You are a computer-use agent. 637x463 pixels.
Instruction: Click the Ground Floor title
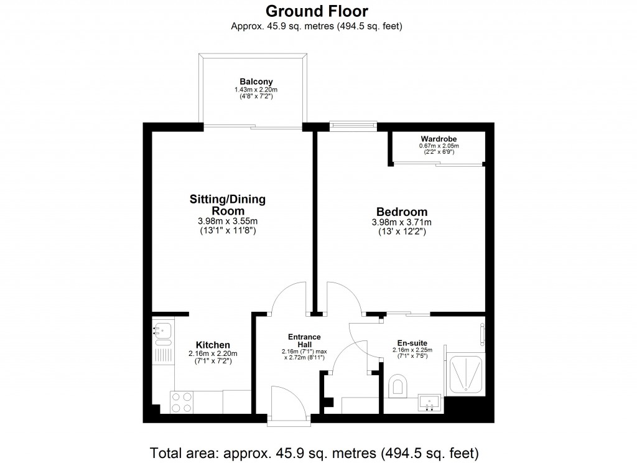tap(317, 11)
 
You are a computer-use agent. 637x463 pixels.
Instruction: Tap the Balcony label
tap(256, 82)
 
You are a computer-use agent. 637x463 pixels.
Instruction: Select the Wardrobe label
tap(435, 139)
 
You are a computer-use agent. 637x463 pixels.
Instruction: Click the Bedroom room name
tap(401, 212)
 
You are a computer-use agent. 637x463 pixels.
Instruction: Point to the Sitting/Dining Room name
tap(227, 205)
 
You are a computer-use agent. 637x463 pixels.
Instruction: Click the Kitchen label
tap(213, 345)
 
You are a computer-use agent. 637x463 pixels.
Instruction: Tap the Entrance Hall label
tap(304, 340)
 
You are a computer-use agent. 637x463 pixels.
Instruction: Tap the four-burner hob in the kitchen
tap(181, 402)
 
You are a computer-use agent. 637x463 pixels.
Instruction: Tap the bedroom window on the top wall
tap(353, 126)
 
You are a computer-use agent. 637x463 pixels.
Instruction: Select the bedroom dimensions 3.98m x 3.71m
tap(401, 223)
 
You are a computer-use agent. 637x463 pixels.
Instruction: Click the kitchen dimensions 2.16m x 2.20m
tap(213, 354)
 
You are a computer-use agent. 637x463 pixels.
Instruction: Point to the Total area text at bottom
tap(317, 451)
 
